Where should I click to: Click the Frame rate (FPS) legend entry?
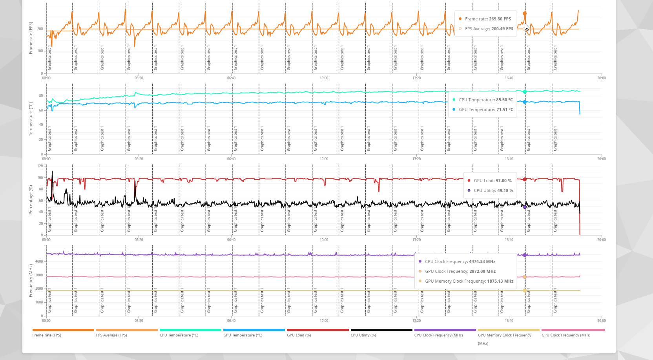47,335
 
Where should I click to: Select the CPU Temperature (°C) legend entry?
179,335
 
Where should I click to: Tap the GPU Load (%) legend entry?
299,335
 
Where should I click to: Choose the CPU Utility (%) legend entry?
363,335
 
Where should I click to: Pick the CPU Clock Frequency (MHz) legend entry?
438,335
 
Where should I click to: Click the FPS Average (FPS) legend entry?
111,335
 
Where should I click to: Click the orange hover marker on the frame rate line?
525,13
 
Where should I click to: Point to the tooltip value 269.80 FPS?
500,19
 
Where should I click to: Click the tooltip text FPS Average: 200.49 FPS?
489,29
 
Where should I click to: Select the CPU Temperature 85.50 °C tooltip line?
486,100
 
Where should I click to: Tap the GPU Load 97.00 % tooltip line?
492,181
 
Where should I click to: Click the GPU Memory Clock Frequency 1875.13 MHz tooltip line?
469,281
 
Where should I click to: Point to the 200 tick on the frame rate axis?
40,29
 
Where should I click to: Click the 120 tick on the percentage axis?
40,166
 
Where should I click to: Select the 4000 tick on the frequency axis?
39,261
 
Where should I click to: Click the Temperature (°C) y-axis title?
31,119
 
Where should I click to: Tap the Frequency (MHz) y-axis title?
31,280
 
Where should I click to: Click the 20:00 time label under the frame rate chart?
601,78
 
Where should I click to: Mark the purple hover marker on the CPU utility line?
525,207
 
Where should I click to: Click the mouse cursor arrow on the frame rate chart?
527,27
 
